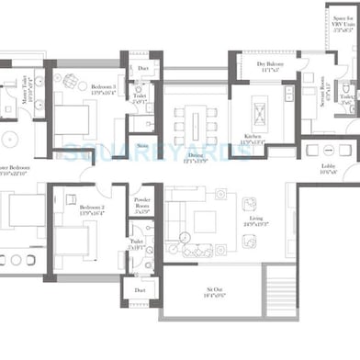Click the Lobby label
(328, 169)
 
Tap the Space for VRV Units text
(342, 23)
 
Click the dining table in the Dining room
(195, 122)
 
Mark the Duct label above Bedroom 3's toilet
(141, 69)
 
